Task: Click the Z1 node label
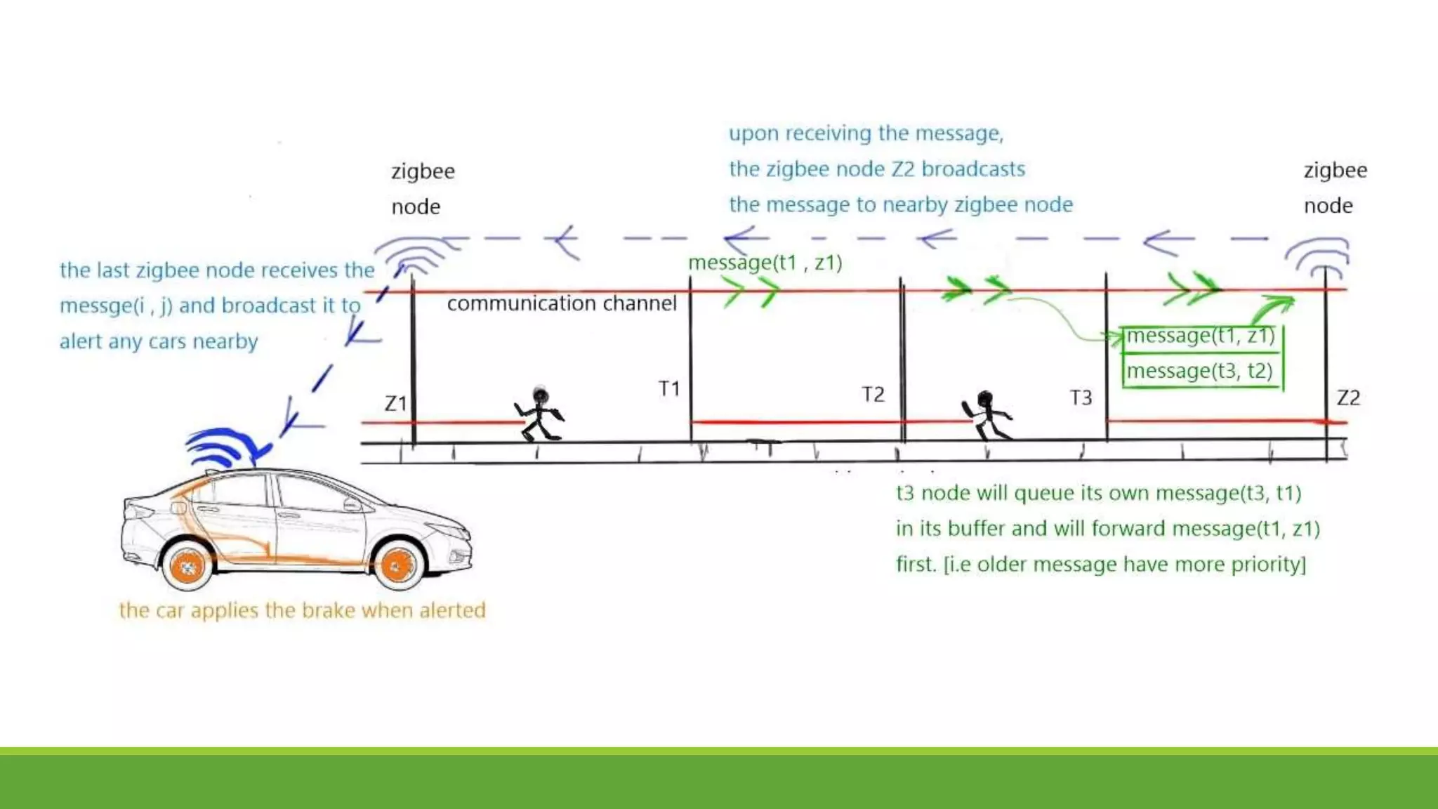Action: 396,403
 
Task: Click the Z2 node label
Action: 1348,398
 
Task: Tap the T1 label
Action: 669,388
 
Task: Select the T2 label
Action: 873,394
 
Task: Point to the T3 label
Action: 1081,398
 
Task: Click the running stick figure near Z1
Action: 539,414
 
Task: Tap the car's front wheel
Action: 398,565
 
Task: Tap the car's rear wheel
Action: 187,566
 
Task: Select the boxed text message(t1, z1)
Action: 1200,336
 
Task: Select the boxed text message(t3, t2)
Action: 1199,371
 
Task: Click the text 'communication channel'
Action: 562,303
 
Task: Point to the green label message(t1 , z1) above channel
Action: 765,263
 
